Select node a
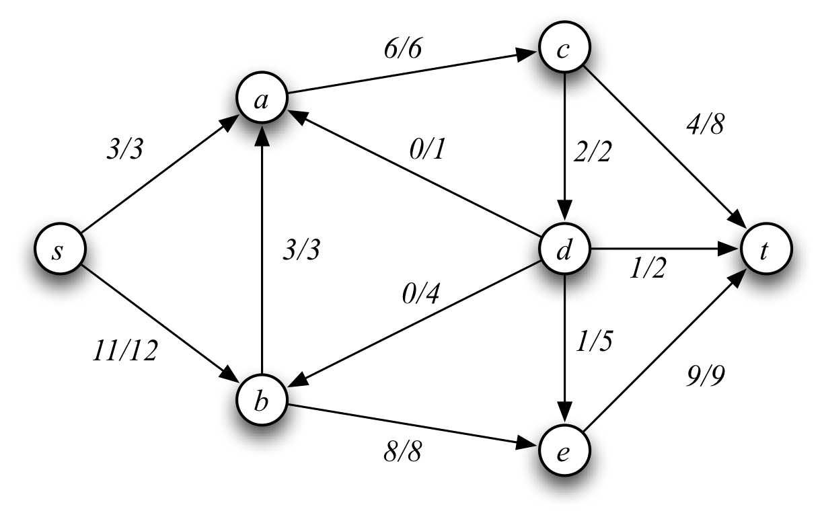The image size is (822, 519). [262, 100]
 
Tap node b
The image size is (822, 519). [262, 401]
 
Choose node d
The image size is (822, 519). [564, 251]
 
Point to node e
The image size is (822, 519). [564, 450]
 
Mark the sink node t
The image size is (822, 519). [766, 251]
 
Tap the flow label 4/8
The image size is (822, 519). [704, 126]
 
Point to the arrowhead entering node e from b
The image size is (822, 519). [529, 444]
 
